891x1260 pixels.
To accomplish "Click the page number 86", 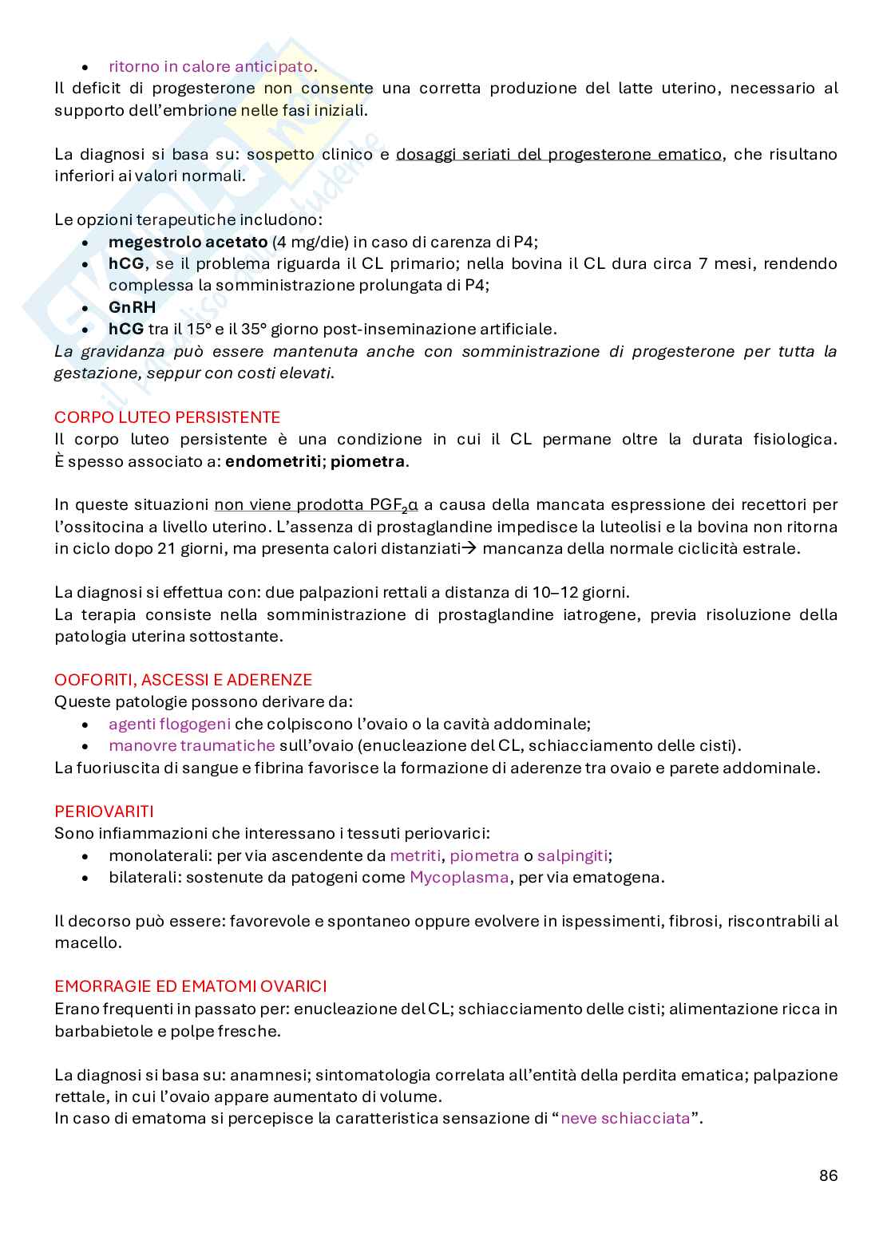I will (828, 1175).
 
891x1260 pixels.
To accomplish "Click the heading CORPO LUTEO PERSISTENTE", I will (167, 417).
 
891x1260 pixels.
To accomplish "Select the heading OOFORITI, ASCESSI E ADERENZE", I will (183, 680).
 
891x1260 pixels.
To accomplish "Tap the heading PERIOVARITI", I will (104, 812).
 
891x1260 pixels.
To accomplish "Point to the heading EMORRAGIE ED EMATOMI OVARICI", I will (190, 986).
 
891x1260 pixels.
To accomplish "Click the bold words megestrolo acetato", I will (188, 242).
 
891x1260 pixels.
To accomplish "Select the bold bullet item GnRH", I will (132, 307).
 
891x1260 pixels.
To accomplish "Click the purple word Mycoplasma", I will (459, 877).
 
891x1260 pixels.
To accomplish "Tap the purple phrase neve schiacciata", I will (625, 1118).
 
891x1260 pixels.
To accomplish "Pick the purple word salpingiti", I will (572, 855).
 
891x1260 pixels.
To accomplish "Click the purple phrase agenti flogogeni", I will (169, 724).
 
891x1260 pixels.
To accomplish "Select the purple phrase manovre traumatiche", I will (192, 745).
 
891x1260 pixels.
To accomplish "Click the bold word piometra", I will (367, 461).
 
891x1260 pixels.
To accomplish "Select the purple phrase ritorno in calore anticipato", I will (211, 66).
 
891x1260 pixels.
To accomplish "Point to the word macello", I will (88, 942).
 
